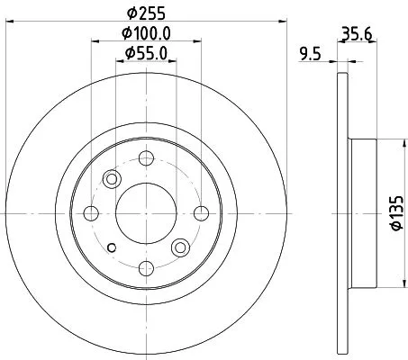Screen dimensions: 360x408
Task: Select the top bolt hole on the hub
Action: pos(144,159)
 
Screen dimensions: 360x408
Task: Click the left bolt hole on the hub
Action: pos(91,212)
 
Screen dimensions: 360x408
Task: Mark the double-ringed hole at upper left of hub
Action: pos(113,178)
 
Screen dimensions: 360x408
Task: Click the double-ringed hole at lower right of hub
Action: pos(180,247)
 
